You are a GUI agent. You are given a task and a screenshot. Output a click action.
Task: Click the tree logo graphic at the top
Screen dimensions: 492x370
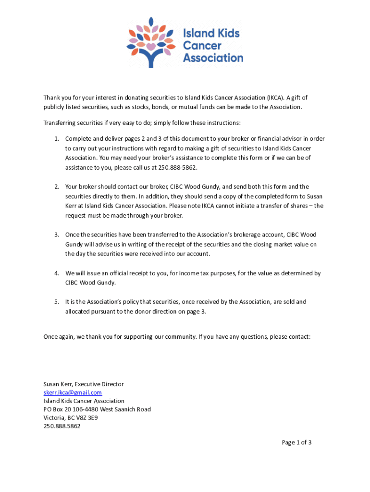(151, 41)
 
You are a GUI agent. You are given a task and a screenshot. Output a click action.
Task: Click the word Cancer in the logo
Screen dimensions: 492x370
(202, 46)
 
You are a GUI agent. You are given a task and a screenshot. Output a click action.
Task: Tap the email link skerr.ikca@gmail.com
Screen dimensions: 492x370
(73, 393)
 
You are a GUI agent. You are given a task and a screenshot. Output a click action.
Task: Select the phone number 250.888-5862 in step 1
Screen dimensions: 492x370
(177, 167)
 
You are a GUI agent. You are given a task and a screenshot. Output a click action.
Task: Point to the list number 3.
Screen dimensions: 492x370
(56, 234)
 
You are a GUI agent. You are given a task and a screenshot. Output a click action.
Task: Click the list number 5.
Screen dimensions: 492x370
(56, 302)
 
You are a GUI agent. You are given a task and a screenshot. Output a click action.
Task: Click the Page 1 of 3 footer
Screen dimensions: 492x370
(296, 443)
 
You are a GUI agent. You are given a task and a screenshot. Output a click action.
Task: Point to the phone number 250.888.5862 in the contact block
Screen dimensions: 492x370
(62, 426)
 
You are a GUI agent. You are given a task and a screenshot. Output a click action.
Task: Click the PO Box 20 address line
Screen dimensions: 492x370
(97, 409)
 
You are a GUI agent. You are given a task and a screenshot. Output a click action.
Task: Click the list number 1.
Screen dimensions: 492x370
(56, 138)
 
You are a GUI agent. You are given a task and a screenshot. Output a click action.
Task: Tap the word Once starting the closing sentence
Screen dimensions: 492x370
(50, 337)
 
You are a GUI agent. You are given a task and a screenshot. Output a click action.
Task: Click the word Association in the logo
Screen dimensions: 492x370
(213, 58)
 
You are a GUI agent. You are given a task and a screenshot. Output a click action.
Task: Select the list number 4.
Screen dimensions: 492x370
(56, 273)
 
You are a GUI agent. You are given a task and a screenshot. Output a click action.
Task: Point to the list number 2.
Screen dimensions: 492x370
(56, 186)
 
